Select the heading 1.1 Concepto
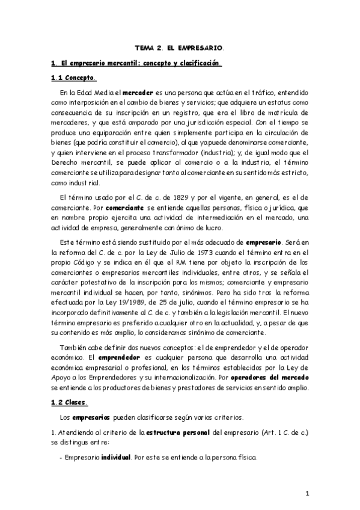click(75, 78)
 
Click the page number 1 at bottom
click(307, 494)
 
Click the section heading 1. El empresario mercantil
click(136, 63)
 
